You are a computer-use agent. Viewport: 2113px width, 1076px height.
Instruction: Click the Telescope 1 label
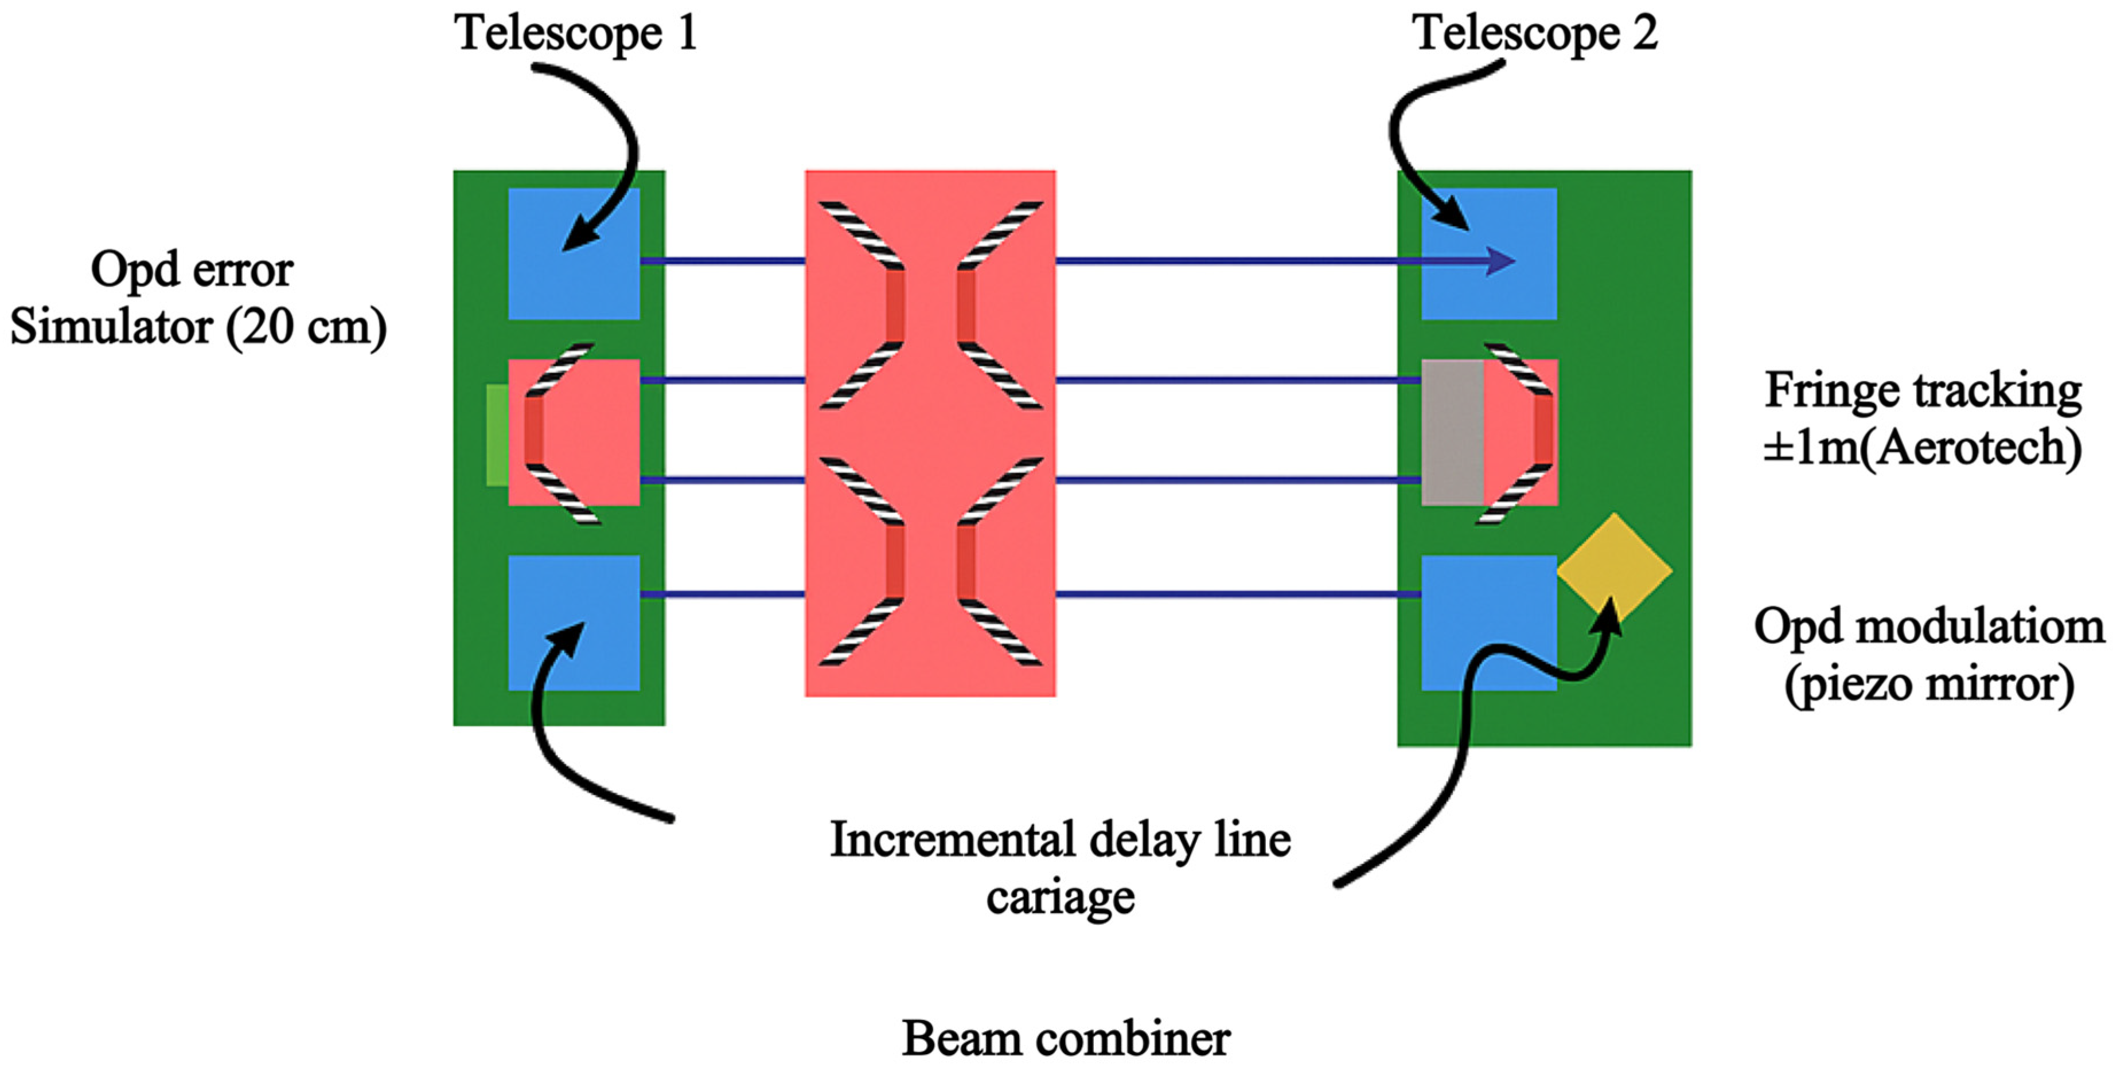coord(576,34)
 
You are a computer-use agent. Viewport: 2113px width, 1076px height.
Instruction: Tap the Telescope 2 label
coord(1534,34)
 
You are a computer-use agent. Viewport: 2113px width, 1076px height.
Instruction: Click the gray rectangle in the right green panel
coord(1452,432)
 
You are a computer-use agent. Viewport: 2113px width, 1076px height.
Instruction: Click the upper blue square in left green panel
coord(574,253)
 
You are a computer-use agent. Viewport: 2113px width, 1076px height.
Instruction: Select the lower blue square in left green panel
coord(574,623)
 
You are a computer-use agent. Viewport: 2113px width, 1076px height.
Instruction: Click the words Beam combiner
coord(1066,1039)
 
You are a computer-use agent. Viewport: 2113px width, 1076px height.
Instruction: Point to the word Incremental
coord(952,840)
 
